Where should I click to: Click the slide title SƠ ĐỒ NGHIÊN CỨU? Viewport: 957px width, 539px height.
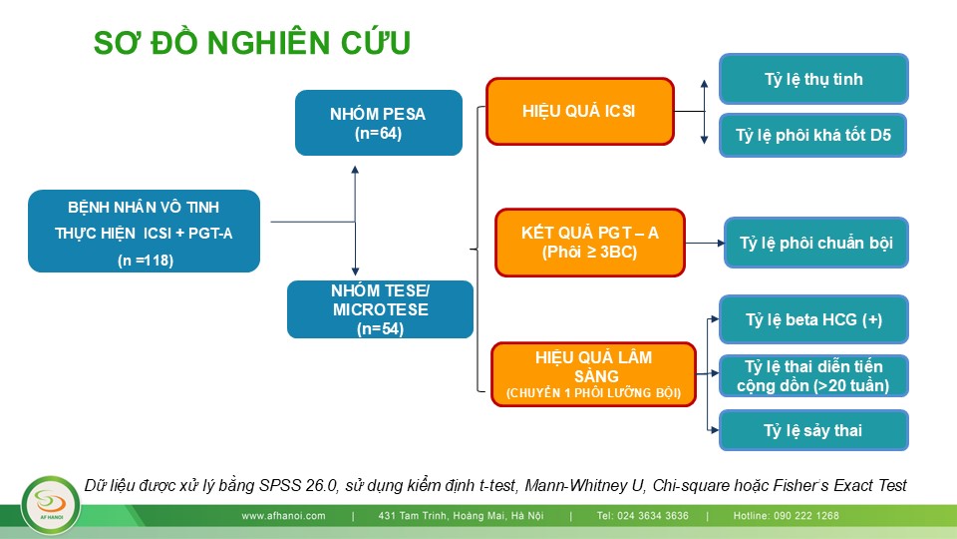pos(252,43)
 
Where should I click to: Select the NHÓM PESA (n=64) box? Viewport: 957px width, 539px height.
pos(379,123)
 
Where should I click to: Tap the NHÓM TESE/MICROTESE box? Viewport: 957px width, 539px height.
pos(380,309)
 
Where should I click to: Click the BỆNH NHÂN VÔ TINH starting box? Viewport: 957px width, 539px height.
pos(144,231)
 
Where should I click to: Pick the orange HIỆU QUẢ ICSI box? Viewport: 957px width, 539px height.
pos(578,111)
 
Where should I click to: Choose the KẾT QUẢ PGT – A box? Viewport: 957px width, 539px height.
pos(589,243)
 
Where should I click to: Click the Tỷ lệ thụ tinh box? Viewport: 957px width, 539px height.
pos(813,79)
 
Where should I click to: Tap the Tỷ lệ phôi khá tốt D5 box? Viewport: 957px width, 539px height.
pos(813,134)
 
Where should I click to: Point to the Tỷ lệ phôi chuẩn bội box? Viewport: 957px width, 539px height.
pos(816,243)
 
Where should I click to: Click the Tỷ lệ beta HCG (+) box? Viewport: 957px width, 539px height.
pos(813,320)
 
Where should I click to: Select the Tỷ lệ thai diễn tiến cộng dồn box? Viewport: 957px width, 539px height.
pos(813,376)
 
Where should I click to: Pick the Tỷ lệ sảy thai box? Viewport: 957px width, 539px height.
pos(813,431)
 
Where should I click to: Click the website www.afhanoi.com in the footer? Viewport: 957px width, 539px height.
pos(284,516)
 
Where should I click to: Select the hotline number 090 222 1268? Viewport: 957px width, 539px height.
pos(799,516)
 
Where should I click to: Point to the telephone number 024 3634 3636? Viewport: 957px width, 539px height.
pos(642,516)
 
